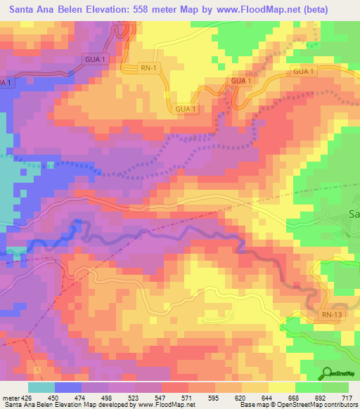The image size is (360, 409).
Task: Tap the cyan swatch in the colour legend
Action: pos(41,387)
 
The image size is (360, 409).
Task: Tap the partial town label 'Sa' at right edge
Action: pos(354,214)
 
